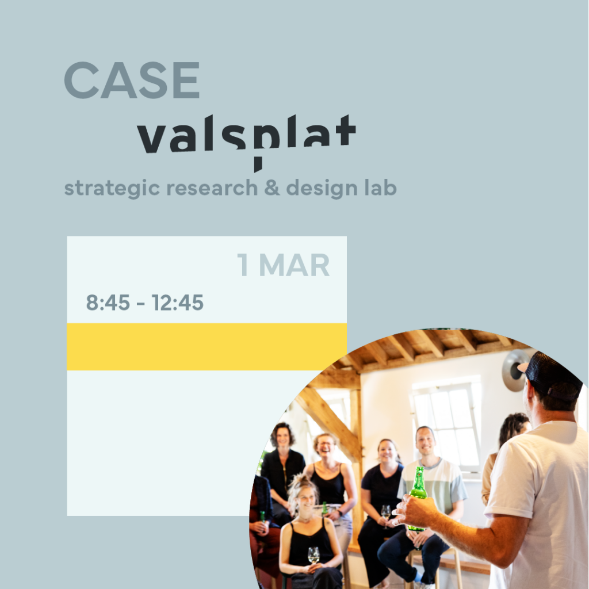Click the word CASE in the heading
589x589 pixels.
[x=132, y=80]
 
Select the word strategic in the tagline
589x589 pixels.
[x=112, y=188]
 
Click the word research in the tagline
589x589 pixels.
[x=212, y=188]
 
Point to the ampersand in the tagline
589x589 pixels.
[x=272, y=188]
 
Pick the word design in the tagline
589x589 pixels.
[x=322, y=188]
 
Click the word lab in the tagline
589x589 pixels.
[x=381, y=188]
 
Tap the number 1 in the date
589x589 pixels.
[x=243, y=265]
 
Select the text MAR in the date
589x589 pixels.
[x=294, y=265]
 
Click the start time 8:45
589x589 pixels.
[x=108, y=303]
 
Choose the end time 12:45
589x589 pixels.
[x=178, y=303]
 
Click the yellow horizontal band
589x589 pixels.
[x=206, y=347]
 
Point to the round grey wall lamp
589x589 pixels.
[x=515, y=370]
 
